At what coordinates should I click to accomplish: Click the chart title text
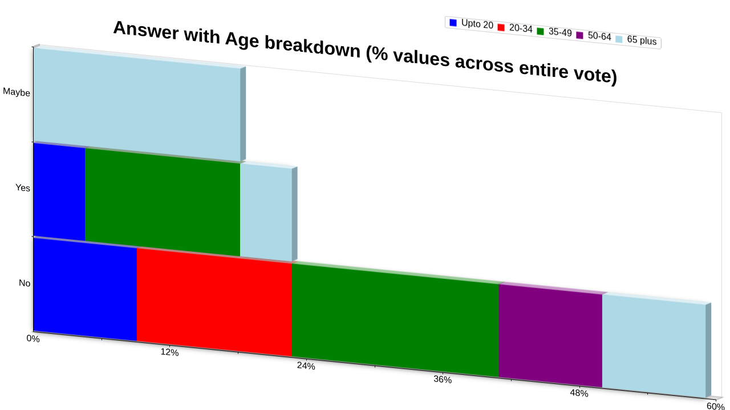click(365, 52)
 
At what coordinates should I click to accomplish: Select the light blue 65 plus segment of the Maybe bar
click(137, 104)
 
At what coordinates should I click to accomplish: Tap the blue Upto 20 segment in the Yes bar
click(59, 192)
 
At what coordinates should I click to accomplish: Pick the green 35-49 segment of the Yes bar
click(163, 202)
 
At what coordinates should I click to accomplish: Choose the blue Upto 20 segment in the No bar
click(85, 290)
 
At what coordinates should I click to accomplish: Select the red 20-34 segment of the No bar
click(214, 302)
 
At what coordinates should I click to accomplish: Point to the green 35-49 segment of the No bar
click(395, 321)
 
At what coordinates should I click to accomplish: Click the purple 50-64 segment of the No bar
click(550, 336)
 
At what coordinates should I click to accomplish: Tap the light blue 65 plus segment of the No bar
click(654, 346)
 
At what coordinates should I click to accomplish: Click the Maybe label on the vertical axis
click(17, 92)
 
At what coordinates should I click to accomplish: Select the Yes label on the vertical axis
click(23, 188)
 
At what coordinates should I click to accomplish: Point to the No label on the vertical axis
click(25, 283)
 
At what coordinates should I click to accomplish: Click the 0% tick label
click(33, 339)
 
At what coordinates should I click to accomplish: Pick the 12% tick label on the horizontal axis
click(169, 352)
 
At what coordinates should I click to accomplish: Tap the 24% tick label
click(306, 366)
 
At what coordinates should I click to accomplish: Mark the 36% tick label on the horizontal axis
click(443, 379)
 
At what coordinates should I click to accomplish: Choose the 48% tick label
click(579, 393)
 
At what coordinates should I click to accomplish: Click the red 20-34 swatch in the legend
click(501, 27)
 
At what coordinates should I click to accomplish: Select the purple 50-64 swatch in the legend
click(580, 35)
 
